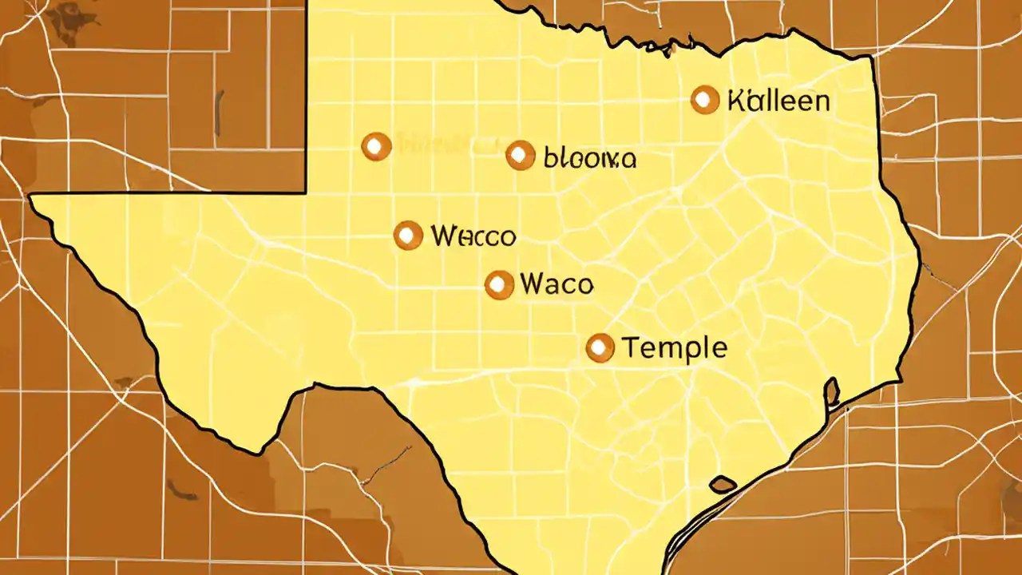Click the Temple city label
click(x=673, y=348)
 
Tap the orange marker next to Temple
click(x=600, y=348)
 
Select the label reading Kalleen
click(x=778, y=101)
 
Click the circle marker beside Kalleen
click(x=704, y=100)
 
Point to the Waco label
click(x=556, y=284)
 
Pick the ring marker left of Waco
click(x=499, y=285)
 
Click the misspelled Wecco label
click(x=473, y=236)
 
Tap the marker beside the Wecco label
click(x=408, y=236)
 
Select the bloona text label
click(x=589, y=158)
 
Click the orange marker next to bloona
click(x=520, y=156)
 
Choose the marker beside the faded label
click(x=376, y=146)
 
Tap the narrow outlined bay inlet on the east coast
click(x=831, y=391)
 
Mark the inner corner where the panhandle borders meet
click(x=307, y=192)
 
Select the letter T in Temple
click(x=629, y=347)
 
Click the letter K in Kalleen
click(x=736, y=101)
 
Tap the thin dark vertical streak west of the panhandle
click(x=219, y=112)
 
